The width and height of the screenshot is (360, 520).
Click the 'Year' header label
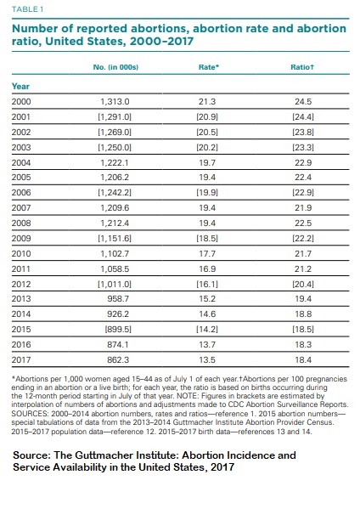pos(20,86)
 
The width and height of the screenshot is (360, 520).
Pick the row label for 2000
pos(21,101)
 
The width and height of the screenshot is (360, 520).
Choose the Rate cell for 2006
pos(208,188)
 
